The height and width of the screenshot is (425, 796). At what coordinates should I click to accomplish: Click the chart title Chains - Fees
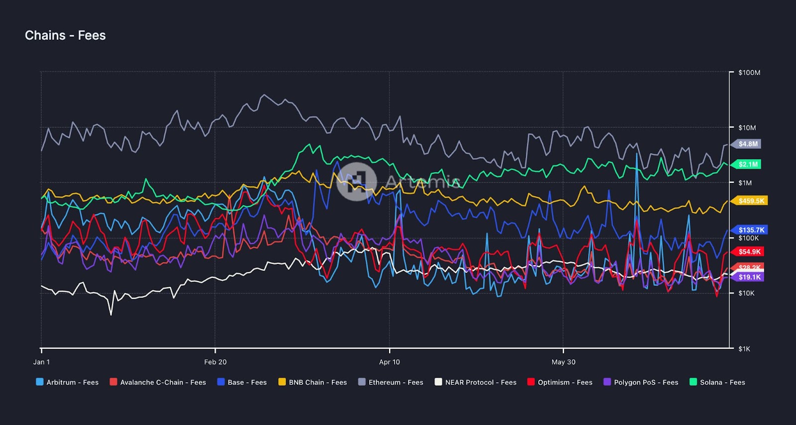pos(65,35)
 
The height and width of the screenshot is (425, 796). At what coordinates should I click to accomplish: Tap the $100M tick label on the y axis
pos(749,73)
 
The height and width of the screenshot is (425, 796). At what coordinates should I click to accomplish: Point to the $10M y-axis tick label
pos(747,128)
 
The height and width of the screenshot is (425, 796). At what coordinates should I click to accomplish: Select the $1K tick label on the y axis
pos(744,349)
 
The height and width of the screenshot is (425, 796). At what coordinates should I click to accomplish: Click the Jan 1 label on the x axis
pos(41,362)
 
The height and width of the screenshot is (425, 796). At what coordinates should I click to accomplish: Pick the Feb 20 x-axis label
pos(215,362)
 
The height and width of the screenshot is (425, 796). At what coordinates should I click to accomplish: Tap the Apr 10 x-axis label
pos(389,362)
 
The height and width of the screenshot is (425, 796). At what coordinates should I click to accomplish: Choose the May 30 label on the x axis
pos(563,362)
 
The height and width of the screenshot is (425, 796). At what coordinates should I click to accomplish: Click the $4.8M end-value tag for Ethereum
pos(748,144)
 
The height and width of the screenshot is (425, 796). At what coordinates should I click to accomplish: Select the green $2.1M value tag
pos(748,165)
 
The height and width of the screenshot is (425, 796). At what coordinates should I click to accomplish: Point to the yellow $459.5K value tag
pos(751,201)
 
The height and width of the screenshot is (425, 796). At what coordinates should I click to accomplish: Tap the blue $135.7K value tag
pos(751,230)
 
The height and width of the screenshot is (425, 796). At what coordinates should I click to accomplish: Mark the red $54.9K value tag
pos(749,252)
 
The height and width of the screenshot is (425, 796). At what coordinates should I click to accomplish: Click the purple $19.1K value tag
pos(749,277)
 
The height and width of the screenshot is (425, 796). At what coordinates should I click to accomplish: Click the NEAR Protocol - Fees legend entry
pos(476,382)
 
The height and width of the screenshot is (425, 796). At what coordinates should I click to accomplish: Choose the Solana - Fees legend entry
pos(717,382)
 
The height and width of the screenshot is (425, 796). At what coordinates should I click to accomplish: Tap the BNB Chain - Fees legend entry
pos(312,382)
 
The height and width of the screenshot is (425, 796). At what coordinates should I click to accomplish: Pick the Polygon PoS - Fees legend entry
pos(641,382)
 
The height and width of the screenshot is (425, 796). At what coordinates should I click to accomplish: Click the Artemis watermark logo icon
pos(356,181)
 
